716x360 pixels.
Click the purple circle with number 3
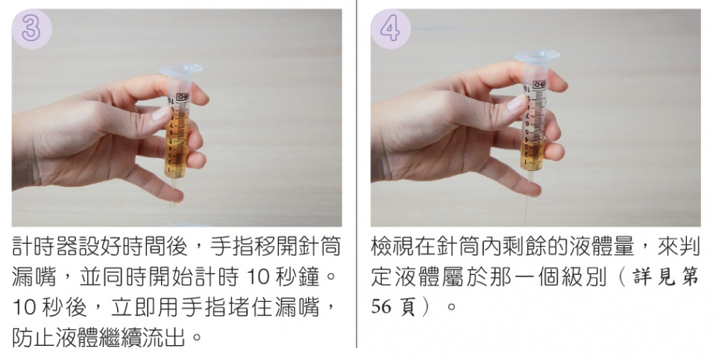[x=31, y=29]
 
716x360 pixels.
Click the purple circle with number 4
[x=390, y=29]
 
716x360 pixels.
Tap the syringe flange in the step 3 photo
[x=180, y=70]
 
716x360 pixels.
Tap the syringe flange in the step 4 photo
[x=537, y=56]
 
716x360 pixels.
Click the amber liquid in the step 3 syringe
[x=176, y=142]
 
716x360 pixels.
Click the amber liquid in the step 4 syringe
[x=532, y=155]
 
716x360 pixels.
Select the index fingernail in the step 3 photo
[x=161, y=113]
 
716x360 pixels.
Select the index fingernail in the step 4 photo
[x=516, y=103]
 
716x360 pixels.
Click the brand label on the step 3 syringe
[x=182, y=97]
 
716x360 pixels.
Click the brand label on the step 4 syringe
[x=539, y=84]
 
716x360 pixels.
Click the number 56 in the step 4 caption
[x=381, y=306]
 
